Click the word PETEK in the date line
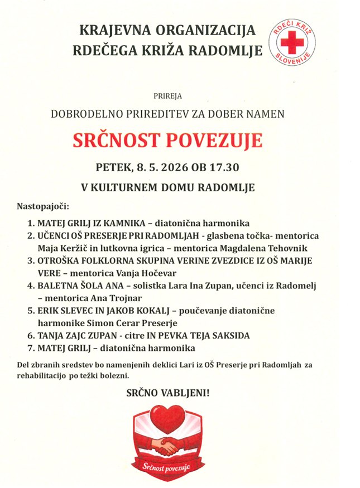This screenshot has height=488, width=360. pos(115,167)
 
